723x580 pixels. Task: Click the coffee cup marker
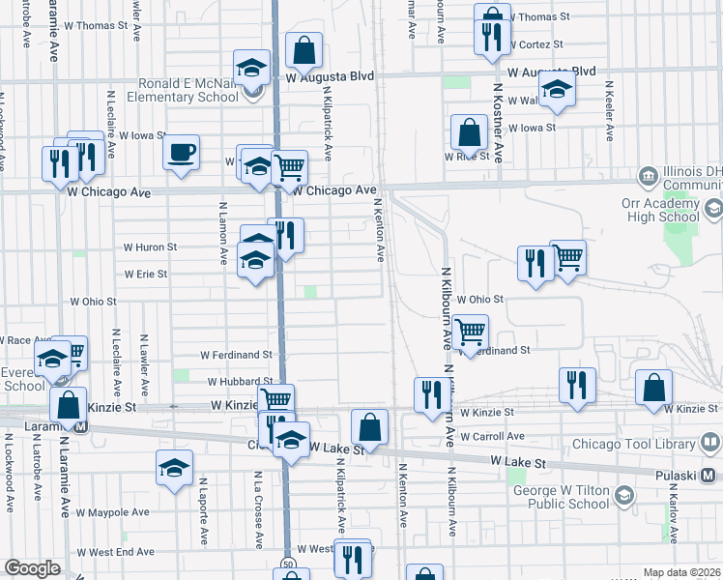click(181, 153)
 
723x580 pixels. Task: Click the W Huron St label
click(150, 247)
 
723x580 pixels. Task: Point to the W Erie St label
click(146, 274)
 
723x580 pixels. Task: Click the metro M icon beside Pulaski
click(709, 475)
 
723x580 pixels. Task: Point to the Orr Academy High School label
click(666, 210)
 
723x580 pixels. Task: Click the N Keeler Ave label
click(611, 118)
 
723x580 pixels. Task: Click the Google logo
click(32, 568)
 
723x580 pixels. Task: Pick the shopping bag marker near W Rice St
click(469, 133)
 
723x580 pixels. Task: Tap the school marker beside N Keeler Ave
click(557, 91)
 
